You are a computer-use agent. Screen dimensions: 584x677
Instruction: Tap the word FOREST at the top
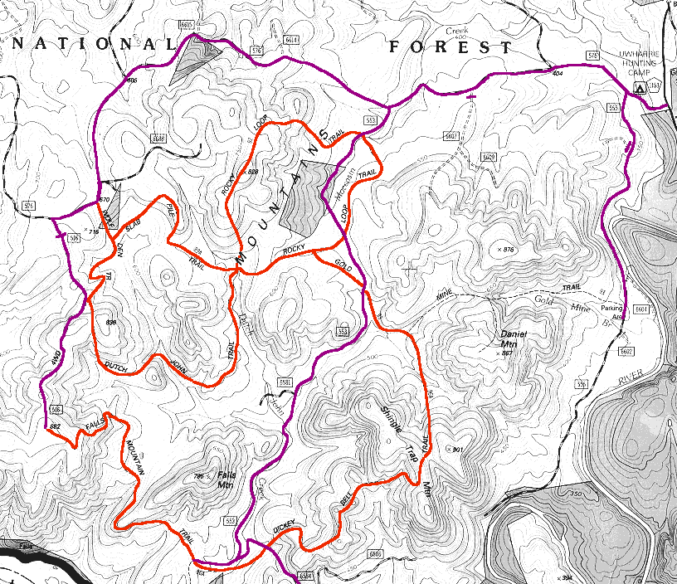451,47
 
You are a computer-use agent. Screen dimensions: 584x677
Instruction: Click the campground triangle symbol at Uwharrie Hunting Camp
640,86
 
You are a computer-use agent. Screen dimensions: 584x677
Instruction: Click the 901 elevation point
454,449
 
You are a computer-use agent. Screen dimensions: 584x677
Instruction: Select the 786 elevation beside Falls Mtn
198,476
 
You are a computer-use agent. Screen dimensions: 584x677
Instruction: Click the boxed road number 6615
186,27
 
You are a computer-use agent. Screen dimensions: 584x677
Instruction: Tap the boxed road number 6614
291,40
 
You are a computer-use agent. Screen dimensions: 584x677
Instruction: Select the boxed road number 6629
489,156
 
